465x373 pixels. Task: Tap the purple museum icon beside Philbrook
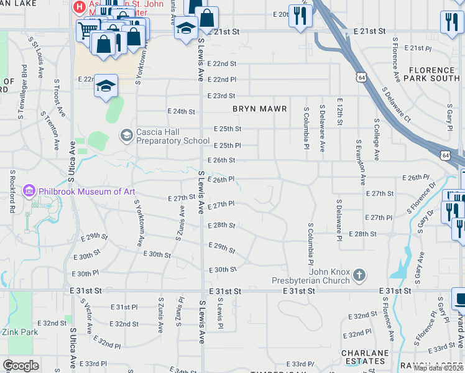tap(29, 191)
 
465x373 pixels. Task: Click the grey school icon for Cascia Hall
tap(127, 136)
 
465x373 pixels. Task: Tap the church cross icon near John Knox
tap(359, 275)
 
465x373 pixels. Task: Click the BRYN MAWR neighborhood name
tap(259, 109)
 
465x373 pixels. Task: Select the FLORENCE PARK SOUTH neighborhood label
tap(431, 75)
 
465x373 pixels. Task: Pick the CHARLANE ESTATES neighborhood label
tap(365, 357)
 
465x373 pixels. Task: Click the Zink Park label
tap(20, 332)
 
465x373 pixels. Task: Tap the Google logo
tap(21, 366)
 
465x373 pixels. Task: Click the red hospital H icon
tap(79, 7)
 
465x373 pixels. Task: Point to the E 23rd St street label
tap(224, 96)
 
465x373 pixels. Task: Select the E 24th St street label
tap(181, 112)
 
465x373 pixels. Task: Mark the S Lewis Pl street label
tap(219, 313)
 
